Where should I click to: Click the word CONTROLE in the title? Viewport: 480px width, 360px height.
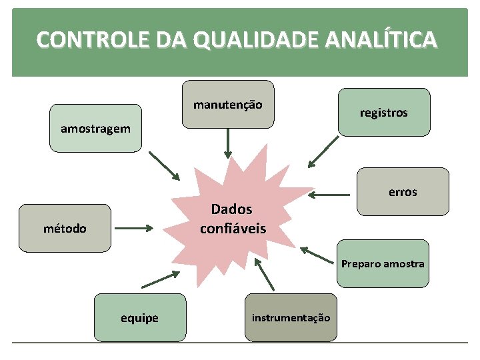point(79,41)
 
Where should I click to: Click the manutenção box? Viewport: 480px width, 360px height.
point(228,104)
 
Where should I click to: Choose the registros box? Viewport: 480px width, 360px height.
point(383,113)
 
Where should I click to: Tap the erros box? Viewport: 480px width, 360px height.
point(403,191)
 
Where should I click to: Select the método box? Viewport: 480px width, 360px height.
point(65,228)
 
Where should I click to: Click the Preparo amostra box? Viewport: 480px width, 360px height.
point(383,263)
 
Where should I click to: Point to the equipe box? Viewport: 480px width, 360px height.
point(139,318)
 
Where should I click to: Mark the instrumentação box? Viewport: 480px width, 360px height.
point(291,317)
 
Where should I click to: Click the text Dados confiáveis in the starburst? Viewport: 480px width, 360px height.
point(232,219)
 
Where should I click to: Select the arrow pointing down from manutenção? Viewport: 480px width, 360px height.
point(228,143)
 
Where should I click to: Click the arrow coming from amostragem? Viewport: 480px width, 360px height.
point(164,165)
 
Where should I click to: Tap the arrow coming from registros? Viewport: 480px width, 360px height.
point(323,151)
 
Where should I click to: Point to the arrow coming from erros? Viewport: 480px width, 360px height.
point(330,195)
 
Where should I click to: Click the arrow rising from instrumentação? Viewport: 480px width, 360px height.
point(264,275)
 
